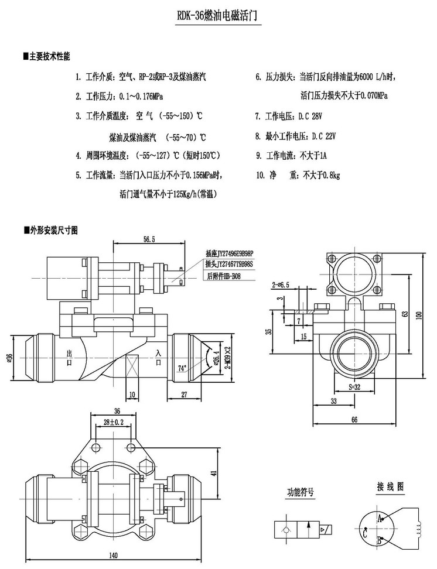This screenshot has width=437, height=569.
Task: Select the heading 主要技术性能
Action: (x=49, y=57)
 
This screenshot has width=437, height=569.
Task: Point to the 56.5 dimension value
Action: (x=149, y=239)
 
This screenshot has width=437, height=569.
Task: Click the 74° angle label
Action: (x=182, y=368)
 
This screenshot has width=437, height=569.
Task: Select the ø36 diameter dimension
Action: (x=9, y=357)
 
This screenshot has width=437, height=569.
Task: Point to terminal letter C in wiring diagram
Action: (x=365, y=532)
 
